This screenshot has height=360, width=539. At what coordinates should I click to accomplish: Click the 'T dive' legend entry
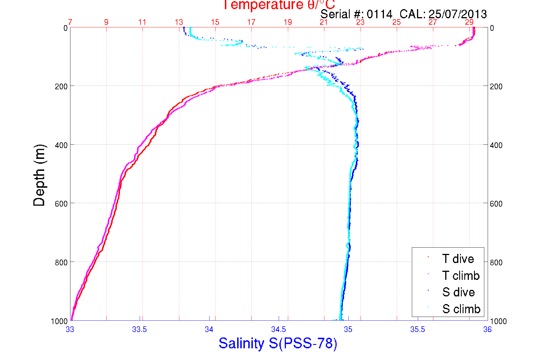pyautogui.click(x=458, y=259)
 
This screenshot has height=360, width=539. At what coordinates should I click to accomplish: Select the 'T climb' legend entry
pyautogui.click(x=461, y=276)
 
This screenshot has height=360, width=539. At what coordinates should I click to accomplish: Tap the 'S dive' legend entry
pyautogui.click(x=458, y=292)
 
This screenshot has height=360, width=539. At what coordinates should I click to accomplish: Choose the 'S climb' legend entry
pyautogui.click(x=461, y=309)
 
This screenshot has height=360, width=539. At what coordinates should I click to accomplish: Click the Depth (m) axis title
pyautogui.click(x=39, y=175)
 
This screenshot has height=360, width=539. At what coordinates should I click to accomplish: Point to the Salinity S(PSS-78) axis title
pyautogui.click(x=278, y=343)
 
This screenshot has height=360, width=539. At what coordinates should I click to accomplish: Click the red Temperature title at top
pyautogui.click(x=279, y=5)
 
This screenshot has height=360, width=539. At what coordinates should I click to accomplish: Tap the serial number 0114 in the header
pyautogui.click(x=379, y=14)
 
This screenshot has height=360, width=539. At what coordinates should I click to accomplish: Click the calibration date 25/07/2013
pyautogui.click(x=457, y=14)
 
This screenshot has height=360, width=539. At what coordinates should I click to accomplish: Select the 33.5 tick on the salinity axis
pyautogui.click(x=139, y=329)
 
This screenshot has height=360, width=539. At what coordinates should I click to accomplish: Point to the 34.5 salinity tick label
pyautogui.click(x=278, y=329)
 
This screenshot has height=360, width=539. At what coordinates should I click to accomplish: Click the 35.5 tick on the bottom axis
pyautogui.click(x=418, y=329)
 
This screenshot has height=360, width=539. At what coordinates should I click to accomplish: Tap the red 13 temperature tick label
pyautogui.click(x=179, y=22)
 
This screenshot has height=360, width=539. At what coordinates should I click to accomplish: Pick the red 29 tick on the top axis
pyautogui.click(x=469, y=22)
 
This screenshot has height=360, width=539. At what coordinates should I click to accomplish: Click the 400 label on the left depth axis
pyautogui.click(x=61, y=145)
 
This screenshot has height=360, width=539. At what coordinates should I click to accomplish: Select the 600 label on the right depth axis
pyautogui.click(x=496, y=204)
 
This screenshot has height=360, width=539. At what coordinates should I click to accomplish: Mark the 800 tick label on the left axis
pyautogui.click(x=61, y=262)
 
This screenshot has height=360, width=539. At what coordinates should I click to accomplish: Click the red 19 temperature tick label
pyautogui.click(x=288, y=22)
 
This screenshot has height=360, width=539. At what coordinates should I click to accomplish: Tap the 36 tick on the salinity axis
pyautogui.click(x=487, y=329)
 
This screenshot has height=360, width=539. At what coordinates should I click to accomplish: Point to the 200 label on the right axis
pyautogui.click(x=496, y=86)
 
